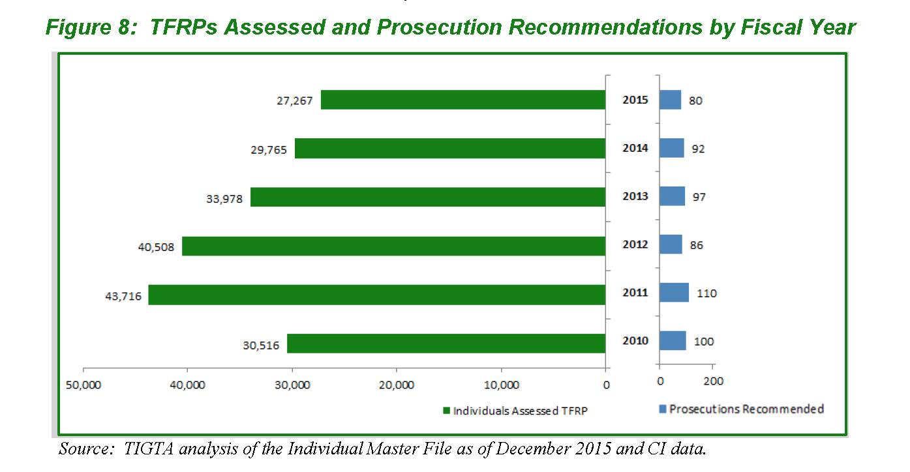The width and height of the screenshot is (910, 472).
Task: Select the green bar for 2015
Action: coord(463,100)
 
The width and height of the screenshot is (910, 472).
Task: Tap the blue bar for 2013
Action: coord(672,196)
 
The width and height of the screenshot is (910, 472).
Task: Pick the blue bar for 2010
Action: coord(673,341)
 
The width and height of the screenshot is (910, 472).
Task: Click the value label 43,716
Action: coord(123,297)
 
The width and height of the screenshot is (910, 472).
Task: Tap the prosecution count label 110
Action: coord(706,293)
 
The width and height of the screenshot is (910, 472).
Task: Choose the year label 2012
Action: coord(635,244)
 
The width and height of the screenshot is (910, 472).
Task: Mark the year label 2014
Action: coord(635,148)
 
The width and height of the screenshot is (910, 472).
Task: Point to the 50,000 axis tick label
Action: coord(83,385)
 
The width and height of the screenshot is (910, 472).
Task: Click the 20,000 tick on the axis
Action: coord(397,385)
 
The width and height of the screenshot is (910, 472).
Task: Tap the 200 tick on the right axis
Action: coord(714,381)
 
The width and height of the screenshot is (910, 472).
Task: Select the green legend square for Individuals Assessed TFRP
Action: coord(447,411)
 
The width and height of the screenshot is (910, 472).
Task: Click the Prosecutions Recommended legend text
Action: coord(746,409)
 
